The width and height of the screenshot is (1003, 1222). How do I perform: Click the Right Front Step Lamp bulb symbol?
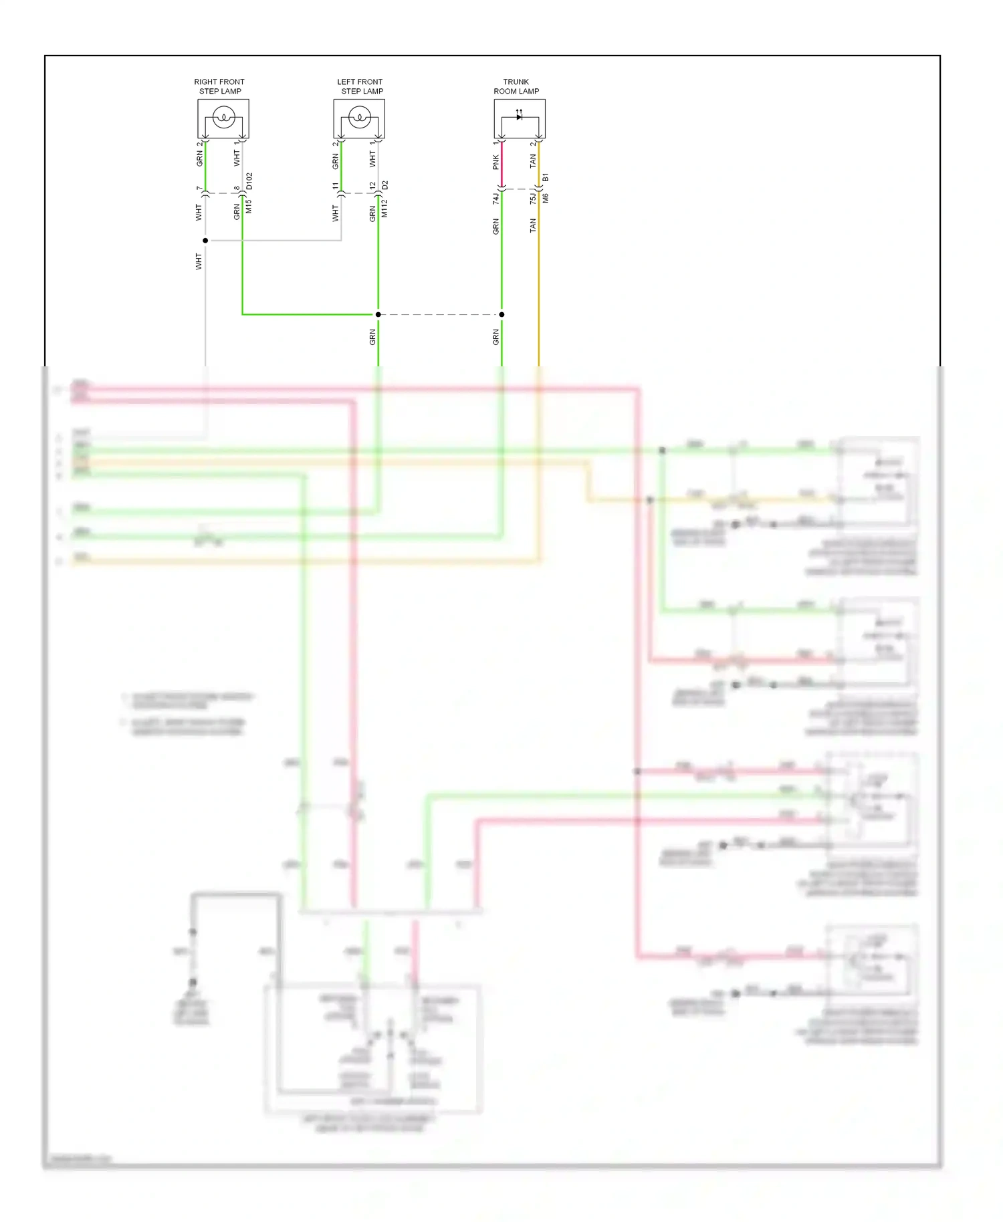point(223,119)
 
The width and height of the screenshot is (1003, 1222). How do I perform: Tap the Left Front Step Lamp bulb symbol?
point(359,119)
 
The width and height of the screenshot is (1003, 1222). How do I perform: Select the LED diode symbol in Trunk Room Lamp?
point(520,117)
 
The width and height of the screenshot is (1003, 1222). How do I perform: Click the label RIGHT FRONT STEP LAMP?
point(219,86)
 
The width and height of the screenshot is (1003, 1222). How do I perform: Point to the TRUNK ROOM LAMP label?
point(516,86)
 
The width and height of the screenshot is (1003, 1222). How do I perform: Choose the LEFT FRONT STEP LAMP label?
point(360,86)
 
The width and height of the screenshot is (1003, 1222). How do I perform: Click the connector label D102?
point(249,181)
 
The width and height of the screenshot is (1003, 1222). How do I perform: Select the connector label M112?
point(384,209)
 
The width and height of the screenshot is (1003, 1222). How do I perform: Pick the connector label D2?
point(384,185)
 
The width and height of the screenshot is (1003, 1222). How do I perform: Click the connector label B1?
point(546,177)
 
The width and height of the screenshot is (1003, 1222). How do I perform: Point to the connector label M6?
point(546,198)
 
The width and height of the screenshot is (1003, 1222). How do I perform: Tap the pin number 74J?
point(495,199)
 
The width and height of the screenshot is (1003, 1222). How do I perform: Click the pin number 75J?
point(533,199)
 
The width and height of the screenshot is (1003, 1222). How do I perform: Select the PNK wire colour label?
point(495,162)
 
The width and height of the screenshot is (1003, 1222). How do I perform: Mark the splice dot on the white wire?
point(205,241)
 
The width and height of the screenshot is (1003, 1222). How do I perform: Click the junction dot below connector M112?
point(378,314)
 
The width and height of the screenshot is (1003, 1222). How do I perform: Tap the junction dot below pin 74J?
point(501,314)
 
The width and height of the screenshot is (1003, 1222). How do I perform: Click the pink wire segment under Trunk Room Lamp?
point(502,164)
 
